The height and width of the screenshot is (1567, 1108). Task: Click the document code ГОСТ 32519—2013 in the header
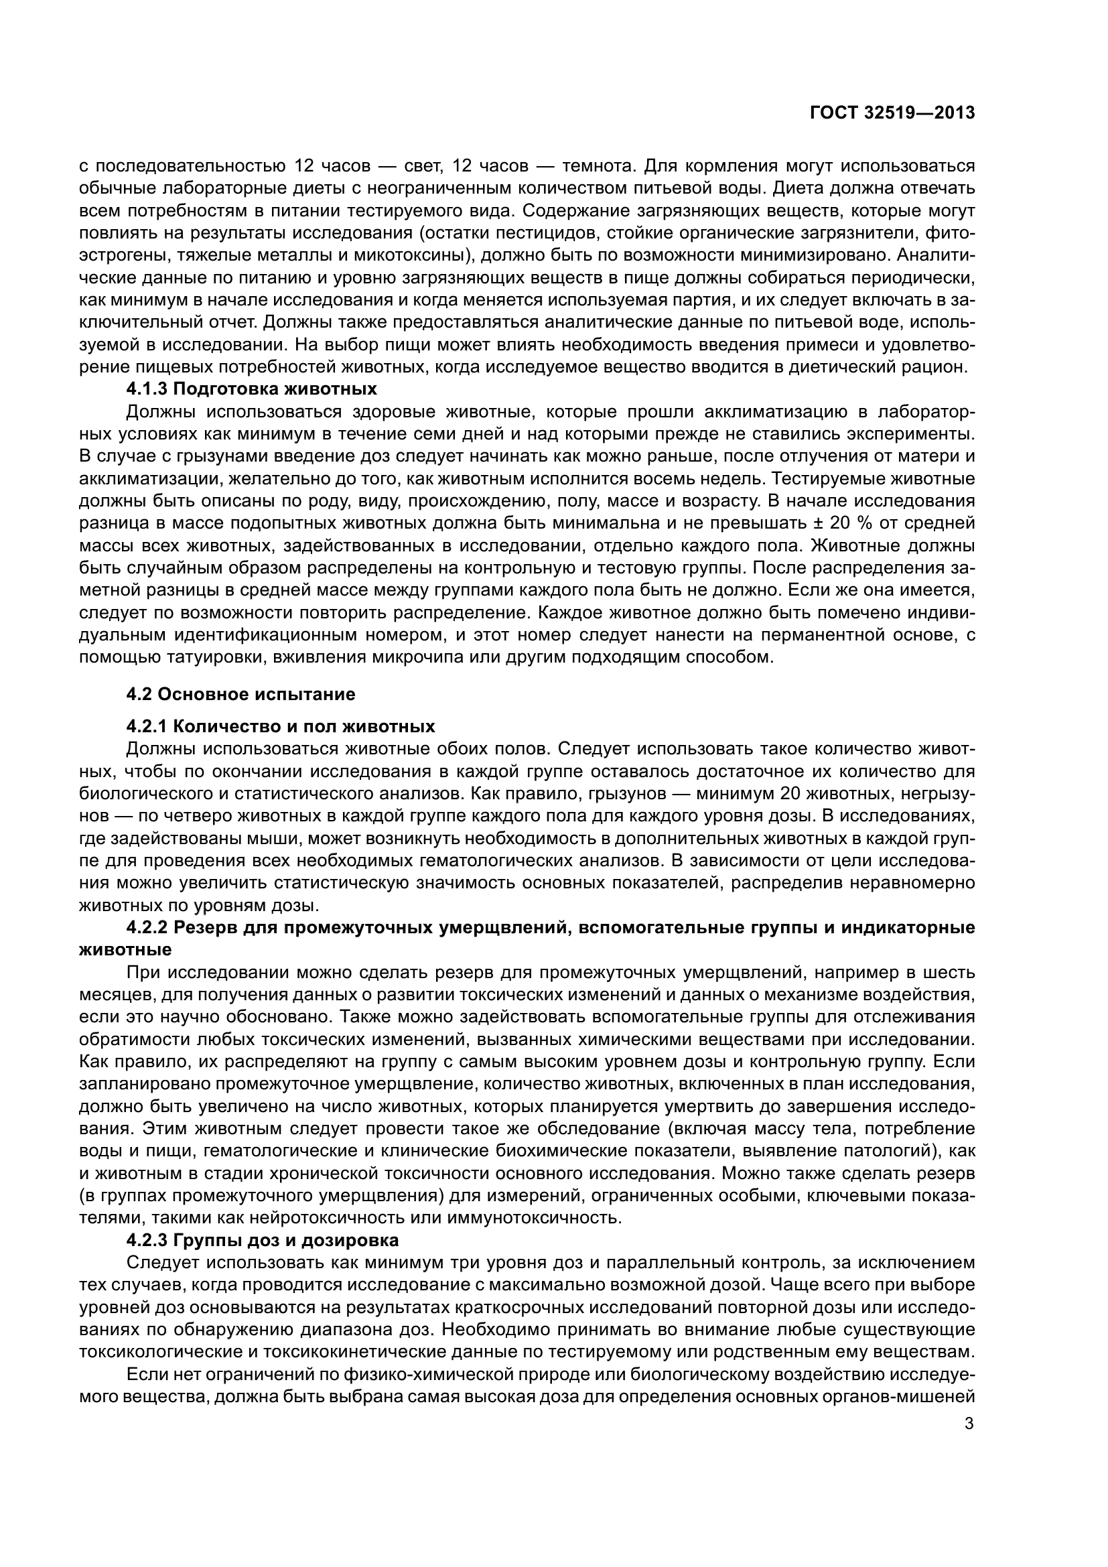[x=892, y=113]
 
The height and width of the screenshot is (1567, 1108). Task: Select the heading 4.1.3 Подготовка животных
[x=252, y=389]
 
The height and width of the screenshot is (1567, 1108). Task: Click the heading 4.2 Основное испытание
[x=241, y=695]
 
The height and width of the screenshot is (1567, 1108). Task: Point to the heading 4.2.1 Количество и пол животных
[x=281, y=726]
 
